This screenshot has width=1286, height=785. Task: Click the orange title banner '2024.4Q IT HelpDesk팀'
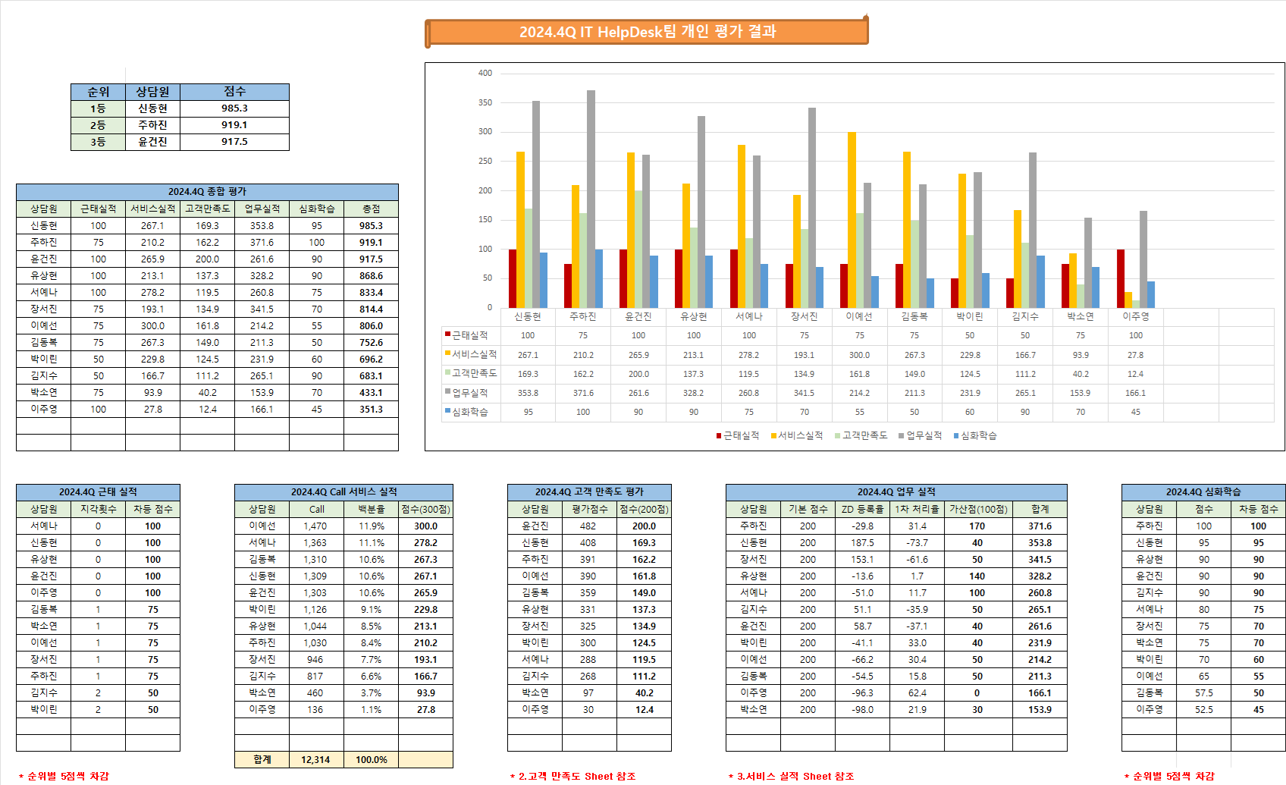647,32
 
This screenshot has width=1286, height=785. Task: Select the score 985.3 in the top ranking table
234,108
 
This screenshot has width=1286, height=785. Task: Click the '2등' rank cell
98,125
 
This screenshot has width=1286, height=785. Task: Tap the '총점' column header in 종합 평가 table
371,209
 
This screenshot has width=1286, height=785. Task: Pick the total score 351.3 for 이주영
371,410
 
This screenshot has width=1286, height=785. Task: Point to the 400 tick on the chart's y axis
485,74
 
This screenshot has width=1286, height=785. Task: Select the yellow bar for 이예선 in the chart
852,220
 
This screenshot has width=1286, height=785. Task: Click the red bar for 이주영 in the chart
1121,278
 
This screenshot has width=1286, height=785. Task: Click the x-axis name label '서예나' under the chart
748,316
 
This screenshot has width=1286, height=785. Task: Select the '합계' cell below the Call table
262,759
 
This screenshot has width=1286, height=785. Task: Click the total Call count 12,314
315,759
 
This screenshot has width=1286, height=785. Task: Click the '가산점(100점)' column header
978,510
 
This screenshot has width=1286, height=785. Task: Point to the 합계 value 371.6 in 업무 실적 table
1040,526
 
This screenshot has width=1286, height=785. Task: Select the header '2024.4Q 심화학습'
1203,492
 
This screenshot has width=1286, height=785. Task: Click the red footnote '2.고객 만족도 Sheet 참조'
576,776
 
